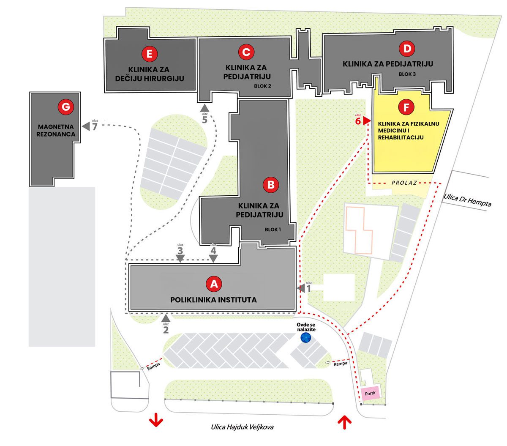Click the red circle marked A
214,284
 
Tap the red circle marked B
270,184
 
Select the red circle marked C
246,52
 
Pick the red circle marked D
407,49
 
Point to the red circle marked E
150,54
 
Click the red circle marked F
406,107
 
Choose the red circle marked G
65,107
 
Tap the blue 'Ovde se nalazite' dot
305,337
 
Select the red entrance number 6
358,121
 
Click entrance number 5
205,119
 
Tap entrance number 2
166,329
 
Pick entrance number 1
308,289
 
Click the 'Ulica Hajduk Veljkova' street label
242,427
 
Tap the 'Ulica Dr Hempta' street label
468,200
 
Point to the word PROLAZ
404,183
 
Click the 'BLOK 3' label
407,74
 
